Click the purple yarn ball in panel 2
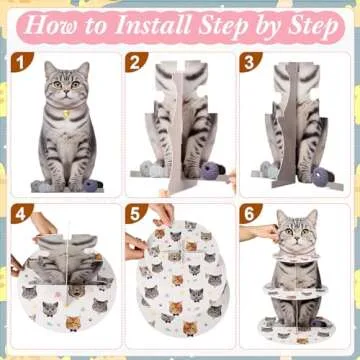(209, 172)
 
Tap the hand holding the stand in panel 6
(259, 232)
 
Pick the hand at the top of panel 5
(162, 213)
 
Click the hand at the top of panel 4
(44, 222)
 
